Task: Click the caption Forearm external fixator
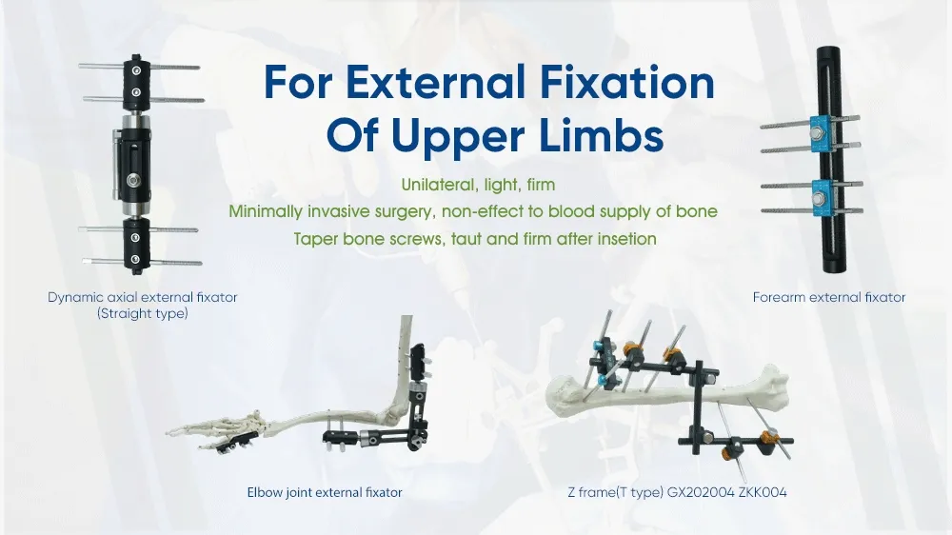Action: (828, 298)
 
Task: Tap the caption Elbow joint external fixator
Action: (324, 492)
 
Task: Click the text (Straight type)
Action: (143, 312)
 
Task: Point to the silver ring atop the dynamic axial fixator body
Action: (135, 123)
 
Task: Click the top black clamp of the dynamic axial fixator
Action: (135, 81)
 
